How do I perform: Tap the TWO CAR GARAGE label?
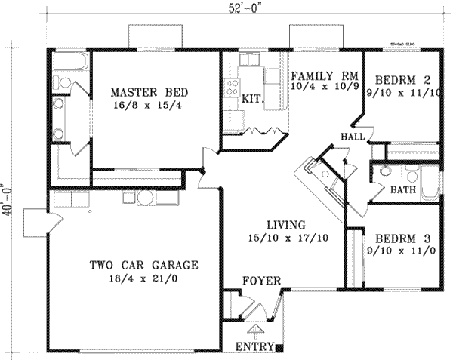(143, 265)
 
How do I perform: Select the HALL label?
(352, 137)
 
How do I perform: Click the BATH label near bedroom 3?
(400, 189)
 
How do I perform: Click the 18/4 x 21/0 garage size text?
(143, 279)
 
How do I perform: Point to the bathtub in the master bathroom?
(69, 61)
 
